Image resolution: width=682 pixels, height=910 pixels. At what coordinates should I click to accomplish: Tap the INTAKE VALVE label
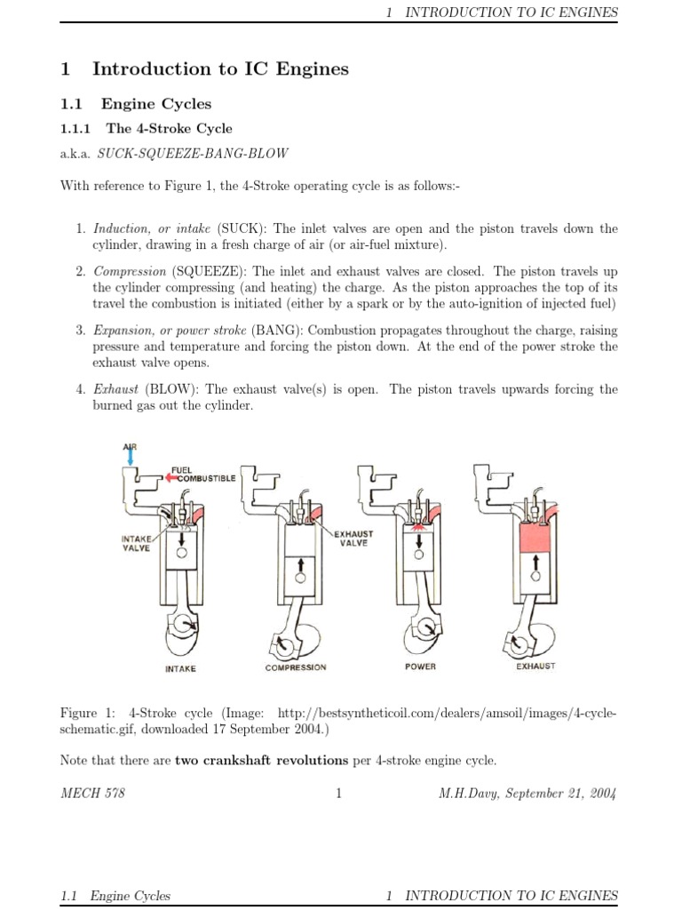pos(136,543)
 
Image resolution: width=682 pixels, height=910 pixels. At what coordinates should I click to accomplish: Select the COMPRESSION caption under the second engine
pos(296,667)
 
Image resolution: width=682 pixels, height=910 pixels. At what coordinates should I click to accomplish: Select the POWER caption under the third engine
pos(420,667)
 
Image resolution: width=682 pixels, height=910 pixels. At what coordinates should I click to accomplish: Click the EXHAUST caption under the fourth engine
pos(535,667)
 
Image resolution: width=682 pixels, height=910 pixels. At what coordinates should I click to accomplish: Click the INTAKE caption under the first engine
pos(180,668)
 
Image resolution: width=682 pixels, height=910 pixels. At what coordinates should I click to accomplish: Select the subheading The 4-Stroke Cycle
pos(170,128)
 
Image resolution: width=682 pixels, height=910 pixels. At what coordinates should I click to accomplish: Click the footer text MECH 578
pos(92,794)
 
